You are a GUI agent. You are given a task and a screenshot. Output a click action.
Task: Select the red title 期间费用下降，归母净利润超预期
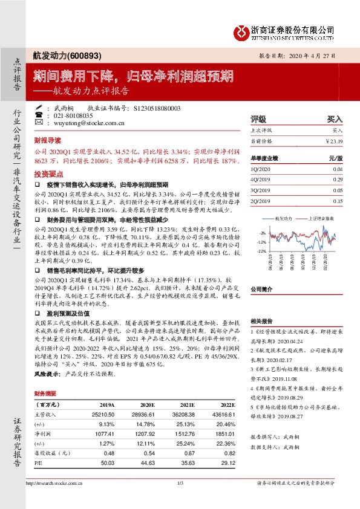pos(133,76)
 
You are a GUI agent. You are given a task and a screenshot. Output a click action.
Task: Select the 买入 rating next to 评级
pos(335,119)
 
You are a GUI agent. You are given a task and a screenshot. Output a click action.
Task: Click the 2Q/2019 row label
pos(260,201)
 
